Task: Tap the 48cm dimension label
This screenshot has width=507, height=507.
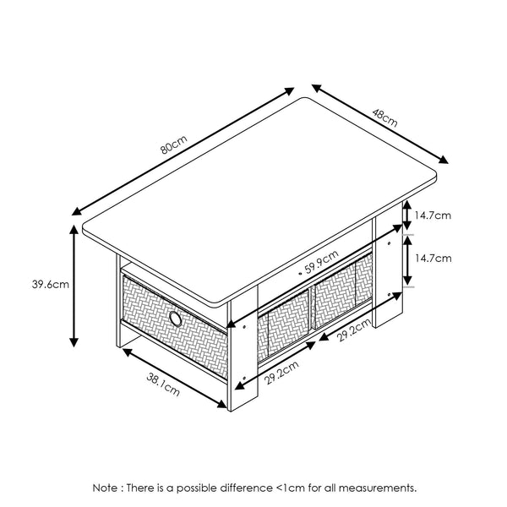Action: [387, 118]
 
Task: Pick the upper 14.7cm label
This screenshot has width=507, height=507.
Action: [432, 215]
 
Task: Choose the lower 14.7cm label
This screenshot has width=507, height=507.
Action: [432, 258]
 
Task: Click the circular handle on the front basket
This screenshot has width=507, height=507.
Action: [175, 319]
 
